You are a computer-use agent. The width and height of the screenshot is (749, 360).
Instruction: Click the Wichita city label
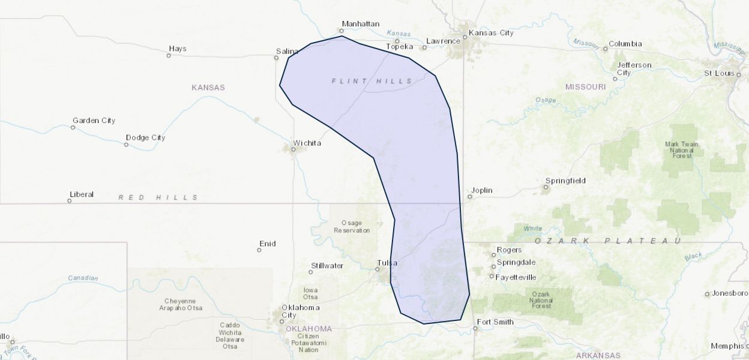[307, 143]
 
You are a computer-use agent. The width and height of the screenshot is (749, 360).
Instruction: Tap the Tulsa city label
[387, 262]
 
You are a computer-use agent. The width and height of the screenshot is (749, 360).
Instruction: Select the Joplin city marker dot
[469, 197]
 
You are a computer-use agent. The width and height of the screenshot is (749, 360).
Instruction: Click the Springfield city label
[565, 181]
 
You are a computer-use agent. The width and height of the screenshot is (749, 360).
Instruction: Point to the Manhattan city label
[360, 24]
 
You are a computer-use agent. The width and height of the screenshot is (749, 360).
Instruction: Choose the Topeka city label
[400, 47]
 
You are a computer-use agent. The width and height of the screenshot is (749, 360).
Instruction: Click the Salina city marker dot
[277, 58]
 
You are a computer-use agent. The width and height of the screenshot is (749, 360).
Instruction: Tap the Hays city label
[178, 49]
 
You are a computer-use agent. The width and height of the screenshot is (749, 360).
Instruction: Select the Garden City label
[94, 121]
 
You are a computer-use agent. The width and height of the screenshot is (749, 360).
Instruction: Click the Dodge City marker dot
[126, 145]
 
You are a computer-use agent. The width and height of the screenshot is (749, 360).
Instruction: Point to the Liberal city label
[82, 194]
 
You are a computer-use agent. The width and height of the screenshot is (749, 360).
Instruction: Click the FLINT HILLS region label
[372, 81]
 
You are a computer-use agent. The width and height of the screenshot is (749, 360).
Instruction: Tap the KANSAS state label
[208, 88]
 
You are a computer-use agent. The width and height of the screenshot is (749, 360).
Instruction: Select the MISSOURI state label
[585, 87]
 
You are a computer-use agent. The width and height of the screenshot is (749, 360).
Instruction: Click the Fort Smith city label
[495, 322]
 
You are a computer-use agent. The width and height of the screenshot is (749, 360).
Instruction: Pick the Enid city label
[267, 244]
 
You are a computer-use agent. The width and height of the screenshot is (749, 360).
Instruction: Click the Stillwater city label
[327, 265]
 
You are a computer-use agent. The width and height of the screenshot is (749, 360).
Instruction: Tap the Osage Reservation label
[352, 227]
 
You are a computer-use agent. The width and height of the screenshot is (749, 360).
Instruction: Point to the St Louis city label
[719, 73]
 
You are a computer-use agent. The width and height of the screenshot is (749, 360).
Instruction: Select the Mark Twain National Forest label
[682, 150]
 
